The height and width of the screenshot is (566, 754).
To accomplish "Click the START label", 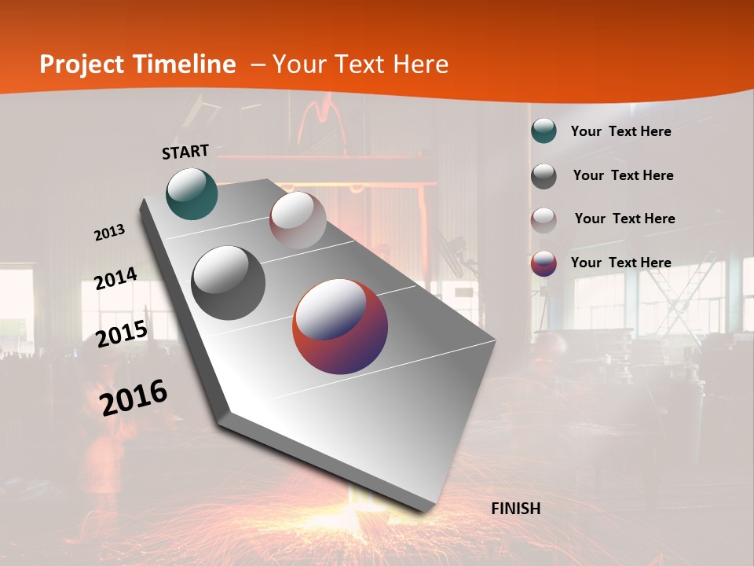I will click(185, 151).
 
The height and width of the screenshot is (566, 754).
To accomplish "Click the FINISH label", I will click(515, 509).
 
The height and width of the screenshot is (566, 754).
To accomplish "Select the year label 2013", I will click(109, 233).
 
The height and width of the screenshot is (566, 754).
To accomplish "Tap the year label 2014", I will click(115, 279).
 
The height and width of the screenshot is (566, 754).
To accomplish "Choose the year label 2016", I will click(134, 398).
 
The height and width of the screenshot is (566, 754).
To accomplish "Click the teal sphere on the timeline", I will click(192, 193).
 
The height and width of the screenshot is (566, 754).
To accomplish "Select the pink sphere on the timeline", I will click(298, 220).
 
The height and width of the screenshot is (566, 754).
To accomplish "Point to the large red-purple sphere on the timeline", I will click(340, 325).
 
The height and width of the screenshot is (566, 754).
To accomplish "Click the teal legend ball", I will click(544, 131).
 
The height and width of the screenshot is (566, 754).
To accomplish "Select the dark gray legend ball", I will click(544, 176).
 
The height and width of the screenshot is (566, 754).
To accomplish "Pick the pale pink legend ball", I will click(544, 219).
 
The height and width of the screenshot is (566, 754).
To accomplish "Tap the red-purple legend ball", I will click(544, 263).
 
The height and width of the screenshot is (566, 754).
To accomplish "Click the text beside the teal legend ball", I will click(620, 131).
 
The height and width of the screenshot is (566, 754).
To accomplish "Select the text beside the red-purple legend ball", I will click(620, 263).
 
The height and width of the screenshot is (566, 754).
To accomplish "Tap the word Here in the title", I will click(420, 64).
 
